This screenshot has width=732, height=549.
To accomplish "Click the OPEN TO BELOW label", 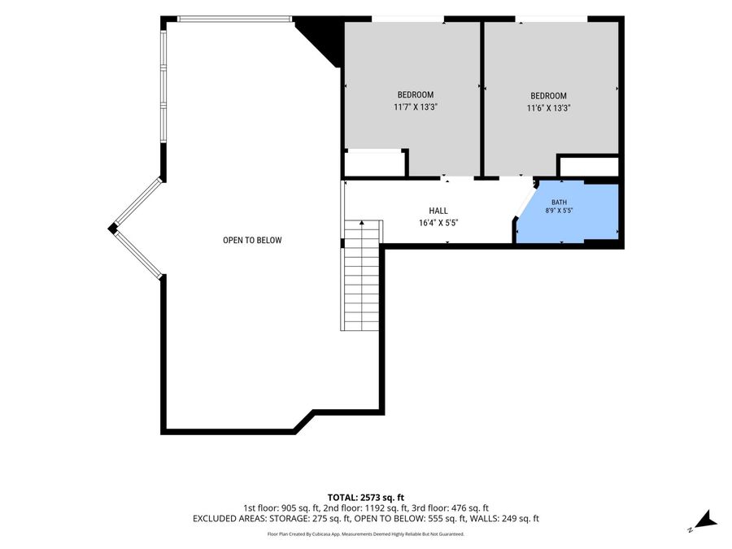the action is (252, 240).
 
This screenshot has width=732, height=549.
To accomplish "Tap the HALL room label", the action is (438, 211).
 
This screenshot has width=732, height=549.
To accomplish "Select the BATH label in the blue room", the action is (560, 203).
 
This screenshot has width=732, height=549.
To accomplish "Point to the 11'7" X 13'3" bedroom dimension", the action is (416, 107).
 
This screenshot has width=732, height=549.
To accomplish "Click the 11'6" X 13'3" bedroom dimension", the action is (549, 108).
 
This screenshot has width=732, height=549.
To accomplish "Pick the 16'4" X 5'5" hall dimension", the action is (439, 223).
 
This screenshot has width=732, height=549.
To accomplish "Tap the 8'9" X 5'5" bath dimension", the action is (560, 211).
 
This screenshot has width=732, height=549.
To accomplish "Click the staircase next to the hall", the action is (362, 276).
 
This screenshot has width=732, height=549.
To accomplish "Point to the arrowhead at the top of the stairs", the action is (362, 223).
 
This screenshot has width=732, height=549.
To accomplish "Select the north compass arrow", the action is (705, 521).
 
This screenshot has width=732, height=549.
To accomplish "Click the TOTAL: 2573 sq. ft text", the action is (365, 497).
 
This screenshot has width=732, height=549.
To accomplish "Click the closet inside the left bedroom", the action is (374, 163).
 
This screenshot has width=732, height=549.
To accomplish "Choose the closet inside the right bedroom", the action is (589, 167).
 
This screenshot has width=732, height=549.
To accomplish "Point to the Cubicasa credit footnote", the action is (365, 534).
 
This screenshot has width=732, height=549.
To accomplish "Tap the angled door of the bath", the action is (524, 202).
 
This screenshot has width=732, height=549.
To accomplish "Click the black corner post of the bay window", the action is (112, 229).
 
